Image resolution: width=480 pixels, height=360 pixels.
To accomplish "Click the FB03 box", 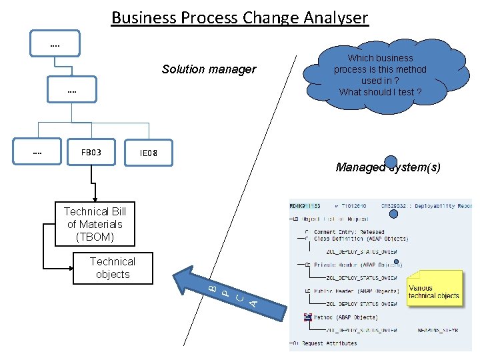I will [x=91, y=153].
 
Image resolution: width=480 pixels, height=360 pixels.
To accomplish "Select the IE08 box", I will [x=149, y=154].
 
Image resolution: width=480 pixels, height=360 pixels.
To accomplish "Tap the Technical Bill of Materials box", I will [x=95, y=224].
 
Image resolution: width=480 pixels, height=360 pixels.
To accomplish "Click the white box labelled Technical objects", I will [x=113, y=268].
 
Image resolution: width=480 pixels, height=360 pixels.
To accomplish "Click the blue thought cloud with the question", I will [x=380, y=75].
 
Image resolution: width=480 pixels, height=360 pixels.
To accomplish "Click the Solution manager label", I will [x=209, y=69].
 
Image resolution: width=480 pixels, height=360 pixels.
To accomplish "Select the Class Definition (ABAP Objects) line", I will [x=361, y=239].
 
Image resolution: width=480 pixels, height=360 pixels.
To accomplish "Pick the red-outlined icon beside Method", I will [x=308, y=317].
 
